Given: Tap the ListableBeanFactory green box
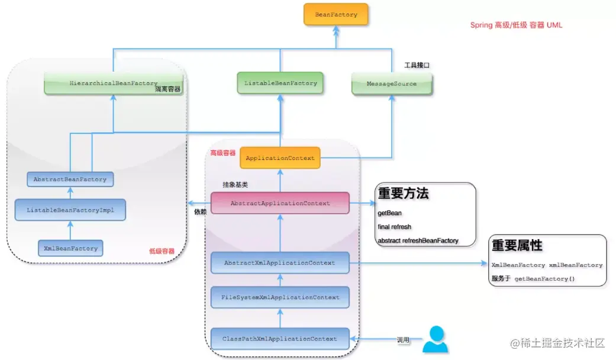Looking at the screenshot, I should pos(280,83).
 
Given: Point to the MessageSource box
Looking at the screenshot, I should pos(391,84).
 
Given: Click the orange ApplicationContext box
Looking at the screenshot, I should pos(280,158).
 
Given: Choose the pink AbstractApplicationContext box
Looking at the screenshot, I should pos(280,203).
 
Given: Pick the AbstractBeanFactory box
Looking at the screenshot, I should pos(70,179).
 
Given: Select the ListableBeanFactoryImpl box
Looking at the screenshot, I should pos(70,210).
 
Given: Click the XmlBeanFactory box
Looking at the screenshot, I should pos(70,249).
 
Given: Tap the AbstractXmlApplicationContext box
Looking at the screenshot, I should pos(280,263).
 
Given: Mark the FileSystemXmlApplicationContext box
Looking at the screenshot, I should pos(280,297).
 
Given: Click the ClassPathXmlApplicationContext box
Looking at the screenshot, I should pos(280,339).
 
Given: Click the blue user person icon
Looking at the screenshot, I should pos(436,340).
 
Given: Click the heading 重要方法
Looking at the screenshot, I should pos(403,194).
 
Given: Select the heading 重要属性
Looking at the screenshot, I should pos(517,245).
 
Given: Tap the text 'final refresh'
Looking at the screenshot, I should pos(394,227).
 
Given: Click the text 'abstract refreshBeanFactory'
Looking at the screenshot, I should pos(418,241).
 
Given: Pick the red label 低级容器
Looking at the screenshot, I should pos(162,252).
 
